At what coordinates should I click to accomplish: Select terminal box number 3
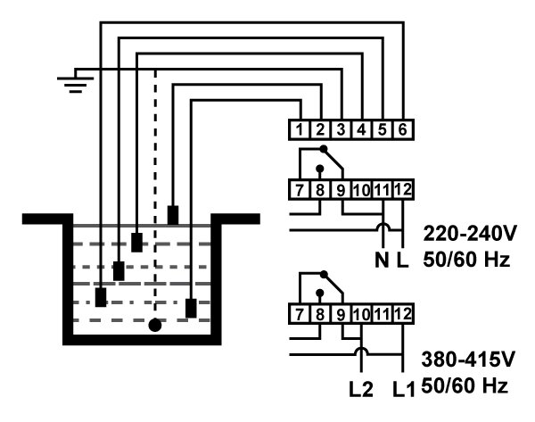(341, 129)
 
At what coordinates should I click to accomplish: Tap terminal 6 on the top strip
(402, 129)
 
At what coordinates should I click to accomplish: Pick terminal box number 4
(361, 129)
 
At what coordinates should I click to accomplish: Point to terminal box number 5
(382, 129)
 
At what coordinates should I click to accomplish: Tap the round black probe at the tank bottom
(155, 325)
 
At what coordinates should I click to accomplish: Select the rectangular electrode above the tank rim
(173, 215)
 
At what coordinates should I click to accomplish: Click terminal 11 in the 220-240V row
(382, 189)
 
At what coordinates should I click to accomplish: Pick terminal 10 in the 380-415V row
(361, 314)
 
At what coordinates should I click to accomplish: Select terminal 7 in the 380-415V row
(300, 314)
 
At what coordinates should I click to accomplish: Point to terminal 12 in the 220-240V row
(403, 189)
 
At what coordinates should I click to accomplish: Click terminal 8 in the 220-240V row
(320, 189)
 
